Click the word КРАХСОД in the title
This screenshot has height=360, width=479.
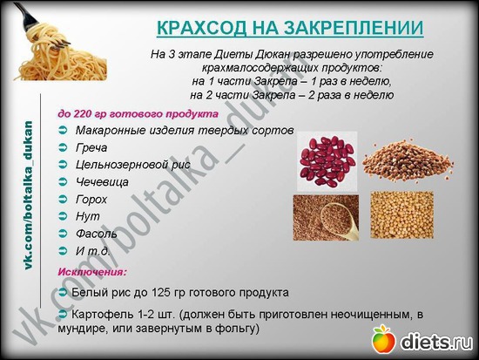click(x=201, y=28)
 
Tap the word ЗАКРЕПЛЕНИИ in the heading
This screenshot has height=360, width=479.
click(x=354, y=28)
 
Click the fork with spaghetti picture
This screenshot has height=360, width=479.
click(x=60, y=43)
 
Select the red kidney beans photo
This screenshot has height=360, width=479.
click(x=327, y=161)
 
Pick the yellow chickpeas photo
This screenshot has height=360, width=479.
click(x=401, y=214)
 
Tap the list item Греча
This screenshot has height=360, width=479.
click(x=91, y=147)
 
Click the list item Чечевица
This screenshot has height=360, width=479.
click(x=102, y=182)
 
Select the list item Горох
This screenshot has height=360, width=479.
click(x=91, y=200)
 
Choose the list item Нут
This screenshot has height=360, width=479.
click(x=87, y=216)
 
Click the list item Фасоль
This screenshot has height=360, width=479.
click(x=96, y=234)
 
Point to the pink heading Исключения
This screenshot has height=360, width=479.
click(x=92, y=272)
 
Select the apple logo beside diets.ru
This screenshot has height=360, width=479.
click(x=384, y=339)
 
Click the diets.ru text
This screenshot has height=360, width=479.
click(x=436, y=341)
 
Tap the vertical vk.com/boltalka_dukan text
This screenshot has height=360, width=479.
click(x=28, y=195)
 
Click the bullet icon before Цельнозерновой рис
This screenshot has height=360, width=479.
click(x=63, y=165)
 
